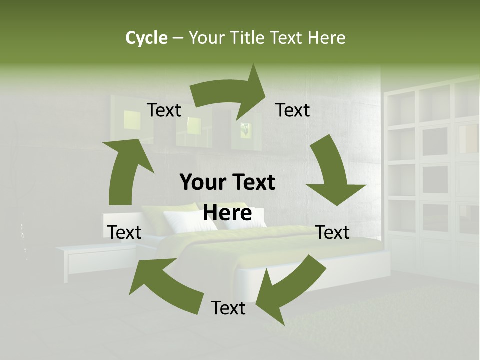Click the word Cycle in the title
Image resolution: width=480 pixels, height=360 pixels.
pyautogui.click(x=146, y=38)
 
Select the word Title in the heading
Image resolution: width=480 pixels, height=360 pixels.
pyautogui.click(x=247, y=38)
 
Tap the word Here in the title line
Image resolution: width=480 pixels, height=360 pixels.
pyautogui.click(x=327, y=38)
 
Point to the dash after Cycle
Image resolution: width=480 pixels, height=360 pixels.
pyautogui.click(x=177, y=38)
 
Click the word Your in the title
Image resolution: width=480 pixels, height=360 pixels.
pyautogui.click(x=206, y=38)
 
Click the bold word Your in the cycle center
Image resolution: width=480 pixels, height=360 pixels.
pyautogui.click(x=204, y=182)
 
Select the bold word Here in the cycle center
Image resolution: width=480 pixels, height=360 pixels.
pyautogui.click(x=227, y=213)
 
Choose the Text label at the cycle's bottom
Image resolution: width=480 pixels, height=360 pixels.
pyautogui.click(x=228, y=308)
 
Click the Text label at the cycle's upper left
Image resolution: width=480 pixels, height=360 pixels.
pyautogui.click(x=164, y=110)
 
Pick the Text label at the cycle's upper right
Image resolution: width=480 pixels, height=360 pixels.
pyautogui.click(x=293, y=110)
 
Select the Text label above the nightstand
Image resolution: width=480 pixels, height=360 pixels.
pyautogui.click(x=125, y=232)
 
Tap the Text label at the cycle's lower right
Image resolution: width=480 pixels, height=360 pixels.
pyautogui.click(x=333, y=232)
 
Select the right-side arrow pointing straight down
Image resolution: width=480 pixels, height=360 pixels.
pyautogui.click(x=332, y=175)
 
